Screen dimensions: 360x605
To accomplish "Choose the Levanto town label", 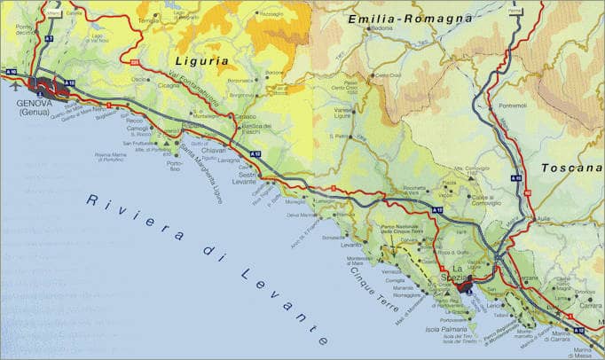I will (x=351, y=244).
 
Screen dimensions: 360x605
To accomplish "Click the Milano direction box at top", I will (x=55, y=14).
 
